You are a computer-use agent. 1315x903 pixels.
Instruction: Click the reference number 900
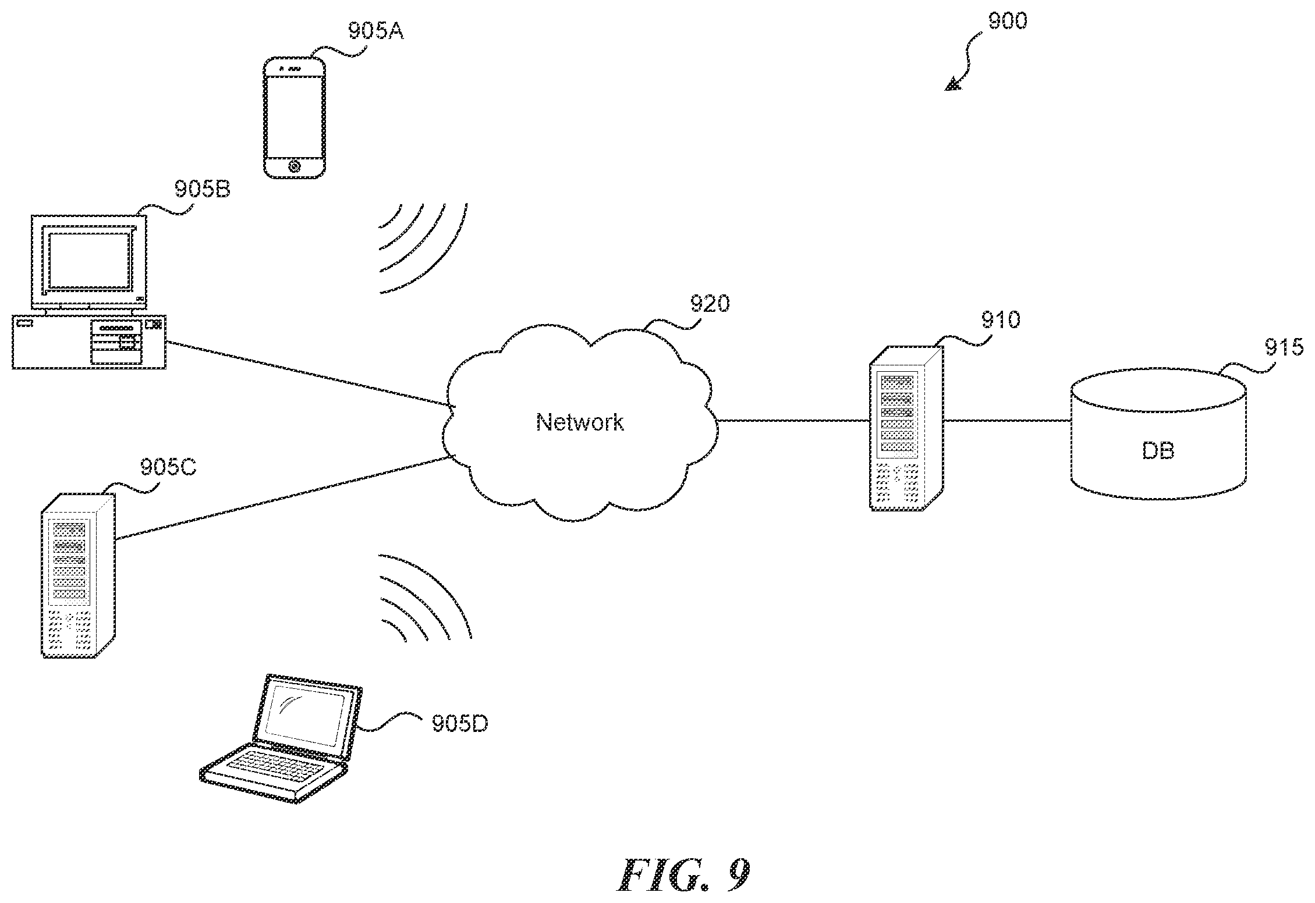(x=1008, y=22)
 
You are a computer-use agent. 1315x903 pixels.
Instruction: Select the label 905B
(x=203, y=190)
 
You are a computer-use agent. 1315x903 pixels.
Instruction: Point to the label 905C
(x=168, y=467)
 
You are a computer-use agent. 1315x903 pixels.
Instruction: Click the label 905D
(x=460, y=724)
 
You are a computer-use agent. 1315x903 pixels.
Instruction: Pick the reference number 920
(x=710, y=304)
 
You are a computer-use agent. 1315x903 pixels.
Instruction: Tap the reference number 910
(x=1001, y=320)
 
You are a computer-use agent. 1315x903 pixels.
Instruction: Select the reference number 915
(x=1284, y=348)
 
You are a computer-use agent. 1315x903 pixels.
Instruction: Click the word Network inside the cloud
(x=580, y=422)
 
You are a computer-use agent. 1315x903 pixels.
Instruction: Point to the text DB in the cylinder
(x=1158, y=451)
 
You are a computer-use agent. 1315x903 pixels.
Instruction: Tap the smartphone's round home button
(x=294, y=167)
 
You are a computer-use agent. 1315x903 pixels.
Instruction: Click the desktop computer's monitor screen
(x=87, y=261)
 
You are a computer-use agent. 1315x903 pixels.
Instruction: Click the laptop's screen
(x=304, y=714)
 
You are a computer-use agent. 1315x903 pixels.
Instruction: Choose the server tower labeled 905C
(x=78, y=575)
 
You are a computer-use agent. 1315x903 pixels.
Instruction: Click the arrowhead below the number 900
(x=952, y=85)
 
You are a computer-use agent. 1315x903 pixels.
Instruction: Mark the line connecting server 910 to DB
(x=1007, y=420)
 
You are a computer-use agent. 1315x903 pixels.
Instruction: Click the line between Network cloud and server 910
(x=793, y=420)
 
